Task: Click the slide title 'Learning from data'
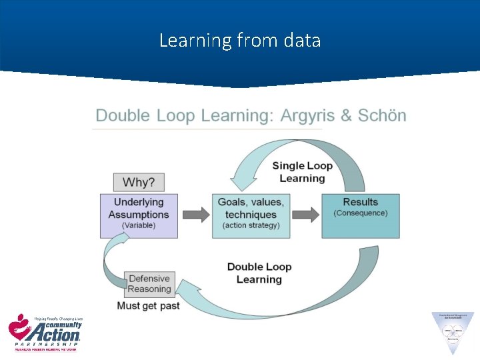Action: [x=240, y=41]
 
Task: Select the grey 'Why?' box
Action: [x=138, y=182]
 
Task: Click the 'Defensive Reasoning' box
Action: [x=149, y=284]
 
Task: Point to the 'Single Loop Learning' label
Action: [x=302, y=172]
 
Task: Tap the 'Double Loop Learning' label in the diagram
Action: [x=259, y=273]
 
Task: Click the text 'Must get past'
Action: [x=148, y=306]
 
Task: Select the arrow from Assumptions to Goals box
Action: [x=195, y=215]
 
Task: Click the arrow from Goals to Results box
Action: [x=306, y=215]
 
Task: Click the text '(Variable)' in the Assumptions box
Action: [x=139, y=226]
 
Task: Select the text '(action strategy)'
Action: [x=251, y=226]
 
